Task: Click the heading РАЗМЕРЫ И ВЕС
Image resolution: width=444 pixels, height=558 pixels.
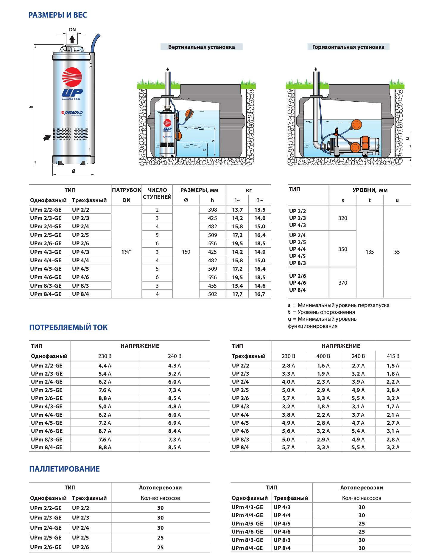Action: pos(57,15)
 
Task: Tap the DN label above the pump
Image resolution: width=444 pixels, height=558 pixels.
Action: pos(72,30)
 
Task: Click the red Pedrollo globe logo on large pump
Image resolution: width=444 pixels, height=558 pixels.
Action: pos(72,77)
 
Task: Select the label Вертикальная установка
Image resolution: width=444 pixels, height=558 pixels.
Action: pos(201,47)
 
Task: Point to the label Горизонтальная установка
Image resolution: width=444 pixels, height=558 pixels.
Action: pos(348,47)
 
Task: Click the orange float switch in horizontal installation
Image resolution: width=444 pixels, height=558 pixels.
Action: pos(356,125)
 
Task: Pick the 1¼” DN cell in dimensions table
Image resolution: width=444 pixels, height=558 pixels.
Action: pos(126,252)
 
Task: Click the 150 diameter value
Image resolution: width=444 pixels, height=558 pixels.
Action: pos(186,252)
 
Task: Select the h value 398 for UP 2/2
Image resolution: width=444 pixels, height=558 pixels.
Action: pos(212,210)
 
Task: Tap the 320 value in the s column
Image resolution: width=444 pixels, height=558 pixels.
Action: pos(342,218)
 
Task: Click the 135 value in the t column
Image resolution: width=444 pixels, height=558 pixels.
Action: pos(370,252)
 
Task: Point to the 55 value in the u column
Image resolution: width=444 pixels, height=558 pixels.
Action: pos(397,252)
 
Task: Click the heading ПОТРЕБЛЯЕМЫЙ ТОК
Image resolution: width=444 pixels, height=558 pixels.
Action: pos(68,327)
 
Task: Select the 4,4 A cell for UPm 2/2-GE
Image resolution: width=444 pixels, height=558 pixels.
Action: pos(105,366)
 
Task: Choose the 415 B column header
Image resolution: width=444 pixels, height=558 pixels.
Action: pos(393,356)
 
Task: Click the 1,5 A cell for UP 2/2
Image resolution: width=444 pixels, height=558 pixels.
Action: pos(393,366)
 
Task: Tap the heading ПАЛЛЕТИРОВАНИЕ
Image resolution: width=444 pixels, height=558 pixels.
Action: pos(64,469)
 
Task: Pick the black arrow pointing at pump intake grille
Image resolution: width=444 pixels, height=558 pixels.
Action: pos(47,138)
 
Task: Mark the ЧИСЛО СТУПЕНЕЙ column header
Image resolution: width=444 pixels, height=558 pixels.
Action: pos(157,193)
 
